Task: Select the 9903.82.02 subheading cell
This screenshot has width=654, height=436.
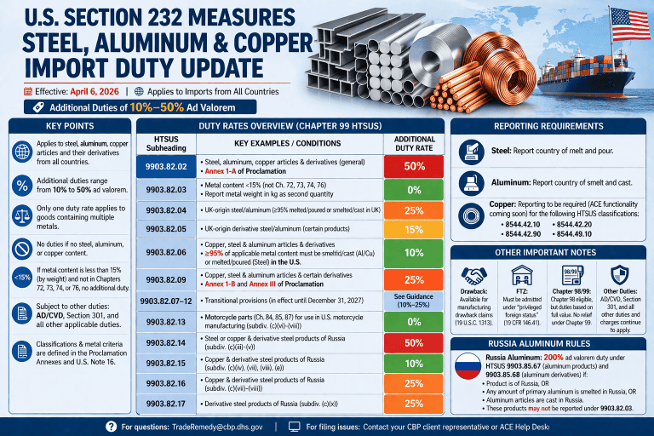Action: tap(166, 166)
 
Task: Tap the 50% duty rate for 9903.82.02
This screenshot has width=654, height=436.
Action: tap(414, 166)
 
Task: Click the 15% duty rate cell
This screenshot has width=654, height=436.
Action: tap(414, 230)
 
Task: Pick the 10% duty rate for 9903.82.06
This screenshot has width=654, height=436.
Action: tap(414, 253)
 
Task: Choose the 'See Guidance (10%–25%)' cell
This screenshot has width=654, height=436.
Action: tap(414, 301)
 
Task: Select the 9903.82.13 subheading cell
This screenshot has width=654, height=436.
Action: tap(166, 322)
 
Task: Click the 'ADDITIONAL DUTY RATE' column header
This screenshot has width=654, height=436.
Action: tap(414, 143)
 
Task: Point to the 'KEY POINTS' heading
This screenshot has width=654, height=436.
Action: tap(67, 125)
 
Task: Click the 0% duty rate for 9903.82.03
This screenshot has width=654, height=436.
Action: tap(414, 189)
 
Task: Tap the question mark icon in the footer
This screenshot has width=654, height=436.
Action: tap(111, 426)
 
